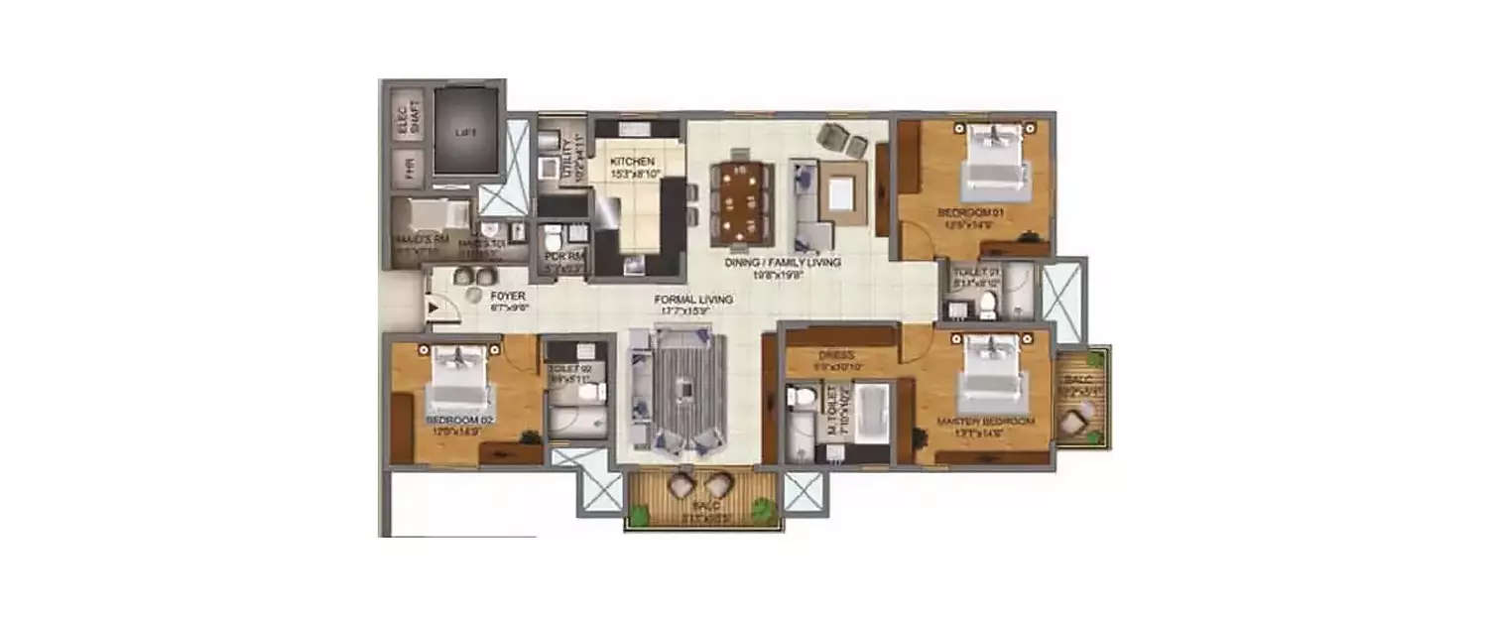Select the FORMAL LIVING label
tap(692, 299)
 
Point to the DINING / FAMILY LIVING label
tap(783, 263)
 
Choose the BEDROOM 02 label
tap(459, 421)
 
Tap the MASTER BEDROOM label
tap(986, 422)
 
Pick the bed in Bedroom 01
tap(993, 159)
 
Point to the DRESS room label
tap(830, 353)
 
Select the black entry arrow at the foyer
tap(432, 307)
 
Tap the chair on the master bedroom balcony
tap(1074, 423)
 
